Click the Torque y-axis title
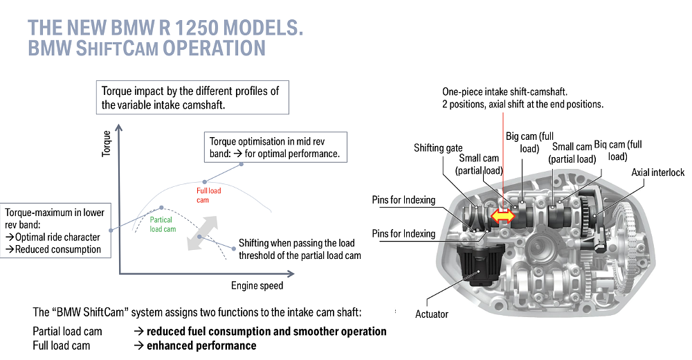106,143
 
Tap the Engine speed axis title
257,285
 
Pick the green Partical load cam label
163,224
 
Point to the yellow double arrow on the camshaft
503,217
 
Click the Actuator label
432,314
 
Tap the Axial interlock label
657,172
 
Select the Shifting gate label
438,148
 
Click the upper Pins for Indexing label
403,200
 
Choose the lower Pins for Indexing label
403,233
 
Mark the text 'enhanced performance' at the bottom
201,345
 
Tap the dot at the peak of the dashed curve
161,207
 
